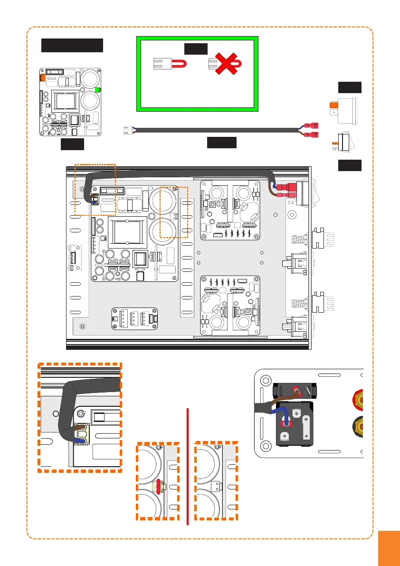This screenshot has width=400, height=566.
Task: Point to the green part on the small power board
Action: tap(98, 89)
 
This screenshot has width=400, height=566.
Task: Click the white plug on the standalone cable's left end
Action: tap(127, 129)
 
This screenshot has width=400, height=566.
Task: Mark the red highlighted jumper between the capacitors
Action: tap(158, 486)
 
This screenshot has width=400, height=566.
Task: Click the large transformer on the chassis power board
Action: tap(128, 232)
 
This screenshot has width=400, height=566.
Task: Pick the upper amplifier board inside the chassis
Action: tap(229, 210)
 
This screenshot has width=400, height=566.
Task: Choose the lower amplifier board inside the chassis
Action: tap(229, 306)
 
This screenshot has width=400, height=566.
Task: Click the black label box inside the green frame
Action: tap(196, 48)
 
